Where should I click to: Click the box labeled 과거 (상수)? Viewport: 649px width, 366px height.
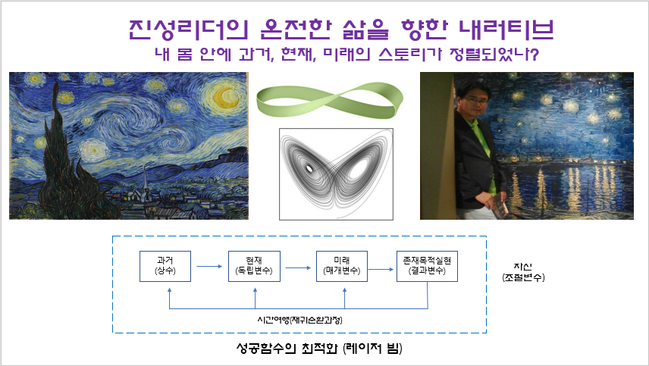click(x=165, y=266)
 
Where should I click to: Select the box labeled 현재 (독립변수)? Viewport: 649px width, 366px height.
click(x=254, y=266)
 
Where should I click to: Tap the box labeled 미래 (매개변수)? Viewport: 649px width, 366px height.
click(x=342, y=266)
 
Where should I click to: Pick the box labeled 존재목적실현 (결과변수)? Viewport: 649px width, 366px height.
click(x=427, y=266)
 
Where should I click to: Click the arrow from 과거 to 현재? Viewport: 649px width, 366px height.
click(x=209, y=266)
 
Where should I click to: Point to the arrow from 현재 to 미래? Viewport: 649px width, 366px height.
click(x=298, y=268)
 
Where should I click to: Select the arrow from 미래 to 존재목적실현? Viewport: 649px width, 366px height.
click(x=381, y=270)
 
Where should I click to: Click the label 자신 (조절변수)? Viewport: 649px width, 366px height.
click(x=523, y=272)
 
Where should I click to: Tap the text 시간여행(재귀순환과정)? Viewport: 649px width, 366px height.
click(x=299, y=320)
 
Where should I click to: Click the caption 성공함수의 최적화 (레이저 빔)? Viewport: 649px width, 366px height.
click(x=319, y=349)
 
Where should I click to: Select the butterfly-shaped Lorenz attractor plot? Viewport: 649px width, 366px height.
click(x=336, y=174)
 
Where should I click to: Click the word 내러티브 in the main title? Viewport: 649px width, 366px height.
click(x=506, y=29)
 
